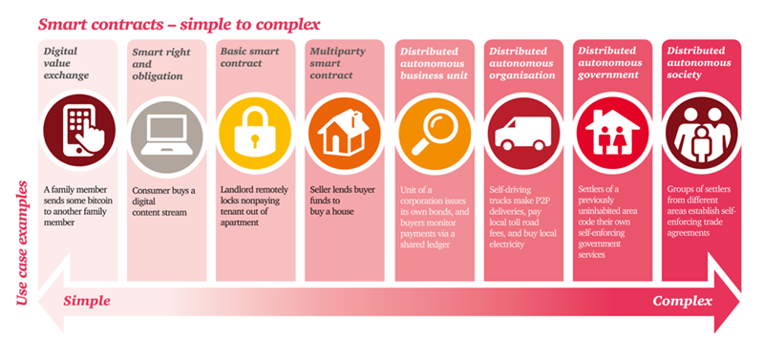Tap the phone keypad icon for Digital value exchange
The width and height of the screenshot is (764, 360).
tap(78, 131)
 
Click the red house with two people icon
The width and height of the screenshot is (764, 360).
tap(608, 131)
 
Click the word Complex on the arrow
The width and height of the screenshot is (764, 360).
tap(683, 301)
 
